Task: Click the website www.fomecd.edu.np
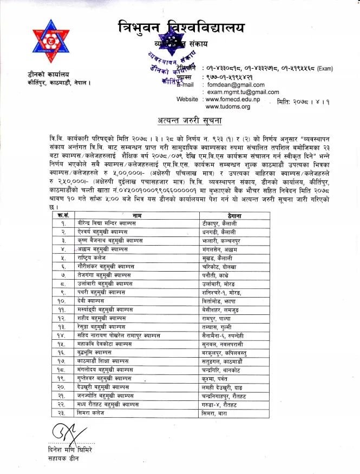pyautogui.click(x=233, y=100)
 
